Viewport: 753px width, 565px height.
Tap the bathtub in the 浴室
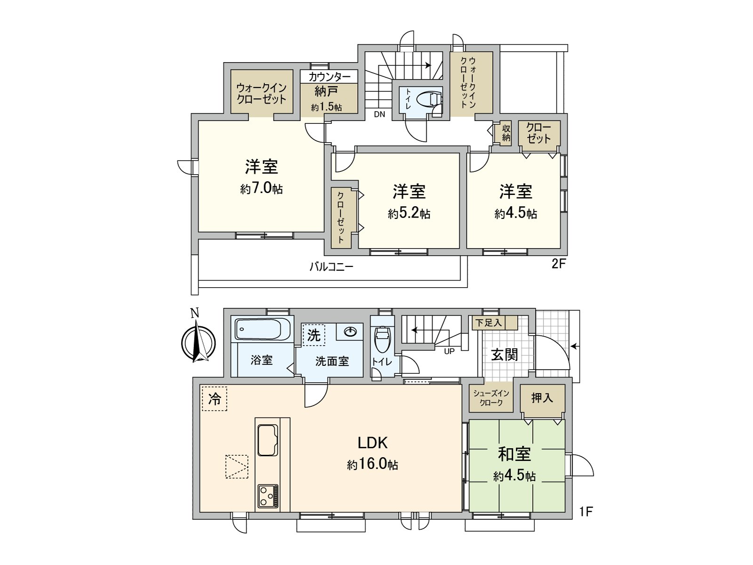262,329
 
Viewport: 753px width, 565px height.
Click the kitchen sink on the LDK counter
267,440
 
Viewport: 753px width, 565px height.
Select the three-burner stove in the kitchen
268,496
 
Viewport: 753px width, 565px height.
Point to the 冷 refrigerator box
214,399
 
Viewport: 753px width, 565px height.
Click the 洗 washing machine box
313,335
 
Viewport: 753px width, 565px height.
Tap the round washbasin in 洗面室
351,332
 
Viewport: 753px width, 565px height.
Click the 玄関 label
505,355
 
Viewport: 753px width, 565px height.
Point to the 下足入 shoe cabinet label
488,323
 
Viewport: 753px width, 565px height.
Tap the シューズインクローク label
491,398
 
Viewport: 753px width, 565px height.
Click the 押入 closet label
542,398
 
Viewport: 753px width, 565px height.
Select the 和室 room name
514,454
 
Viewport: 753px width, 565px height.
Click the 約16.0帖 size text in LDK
372,465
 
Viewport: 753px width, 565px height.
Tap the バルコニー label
331,267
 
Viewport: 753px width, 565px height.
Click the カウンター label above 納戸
329,77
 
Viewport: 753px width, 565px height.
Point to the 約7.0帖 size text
261,189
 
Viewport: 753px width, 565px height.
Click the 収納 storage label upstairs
506,133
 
